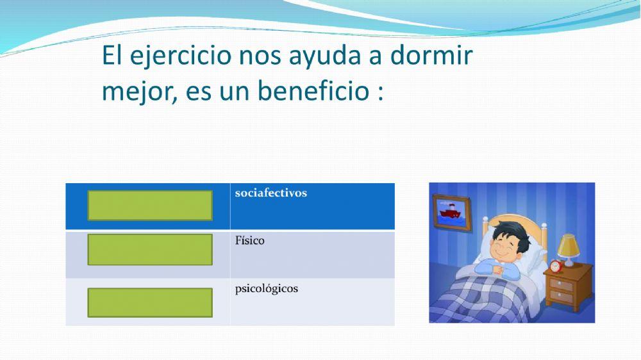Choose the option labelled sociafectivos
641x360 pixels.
[271, 193]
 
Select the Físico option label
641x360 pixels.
[249, 241]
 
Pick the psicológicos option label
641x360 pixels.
[266, 288]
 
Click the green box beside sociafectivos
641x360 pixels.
[150, 205]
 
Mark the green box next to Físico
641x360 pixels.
[150, 250]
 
